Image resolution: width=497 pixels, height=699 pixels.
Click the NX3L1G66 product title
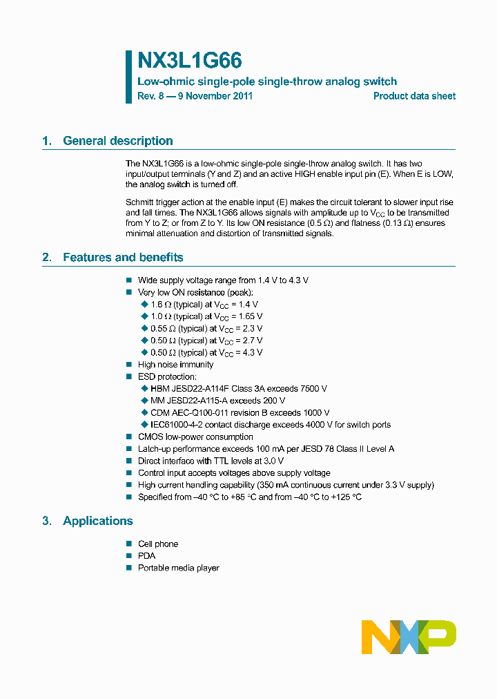189,61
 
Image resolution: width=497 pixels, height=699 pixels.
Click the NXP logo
409,637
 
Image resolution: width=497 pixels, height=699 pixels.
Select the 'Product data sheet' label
414,96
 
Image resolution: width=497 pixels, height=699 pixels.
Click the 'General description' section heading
117,141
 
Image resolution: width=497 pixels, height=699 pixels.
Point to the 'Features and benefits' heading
123,258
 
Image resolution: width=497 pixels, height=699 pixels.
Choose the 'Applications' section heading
97,521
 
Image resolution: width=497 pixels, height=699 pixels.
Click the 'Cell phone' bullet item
157,544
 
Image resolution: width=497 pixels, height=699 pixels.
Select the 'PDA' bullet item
146,556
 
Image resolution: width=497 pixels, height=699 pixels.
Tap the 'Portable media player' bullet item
178,568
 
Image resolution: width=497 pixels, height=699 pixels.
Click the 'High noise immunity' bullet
175,365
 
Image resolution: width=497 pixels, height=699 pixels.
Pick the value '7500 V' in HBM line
313,389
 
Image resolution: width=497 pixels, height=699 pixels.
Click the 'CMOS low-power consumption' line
195,437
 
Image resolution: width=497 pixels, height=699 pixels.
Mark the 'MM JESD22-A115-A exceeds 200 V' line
217,401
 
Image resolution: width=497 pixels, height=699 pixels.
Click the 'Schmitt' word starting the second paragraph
139,202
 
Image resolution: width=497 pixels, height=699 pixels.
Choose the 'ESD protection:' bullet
167,377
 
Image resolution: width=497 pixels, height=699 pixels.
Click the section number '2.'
47,258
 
